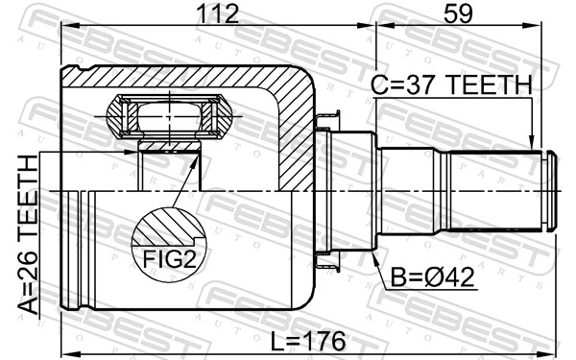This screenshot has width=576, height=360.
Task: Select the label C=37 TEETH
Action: point(450,85)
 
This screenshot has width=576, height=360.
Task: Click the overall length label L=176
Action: point(308,341)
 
